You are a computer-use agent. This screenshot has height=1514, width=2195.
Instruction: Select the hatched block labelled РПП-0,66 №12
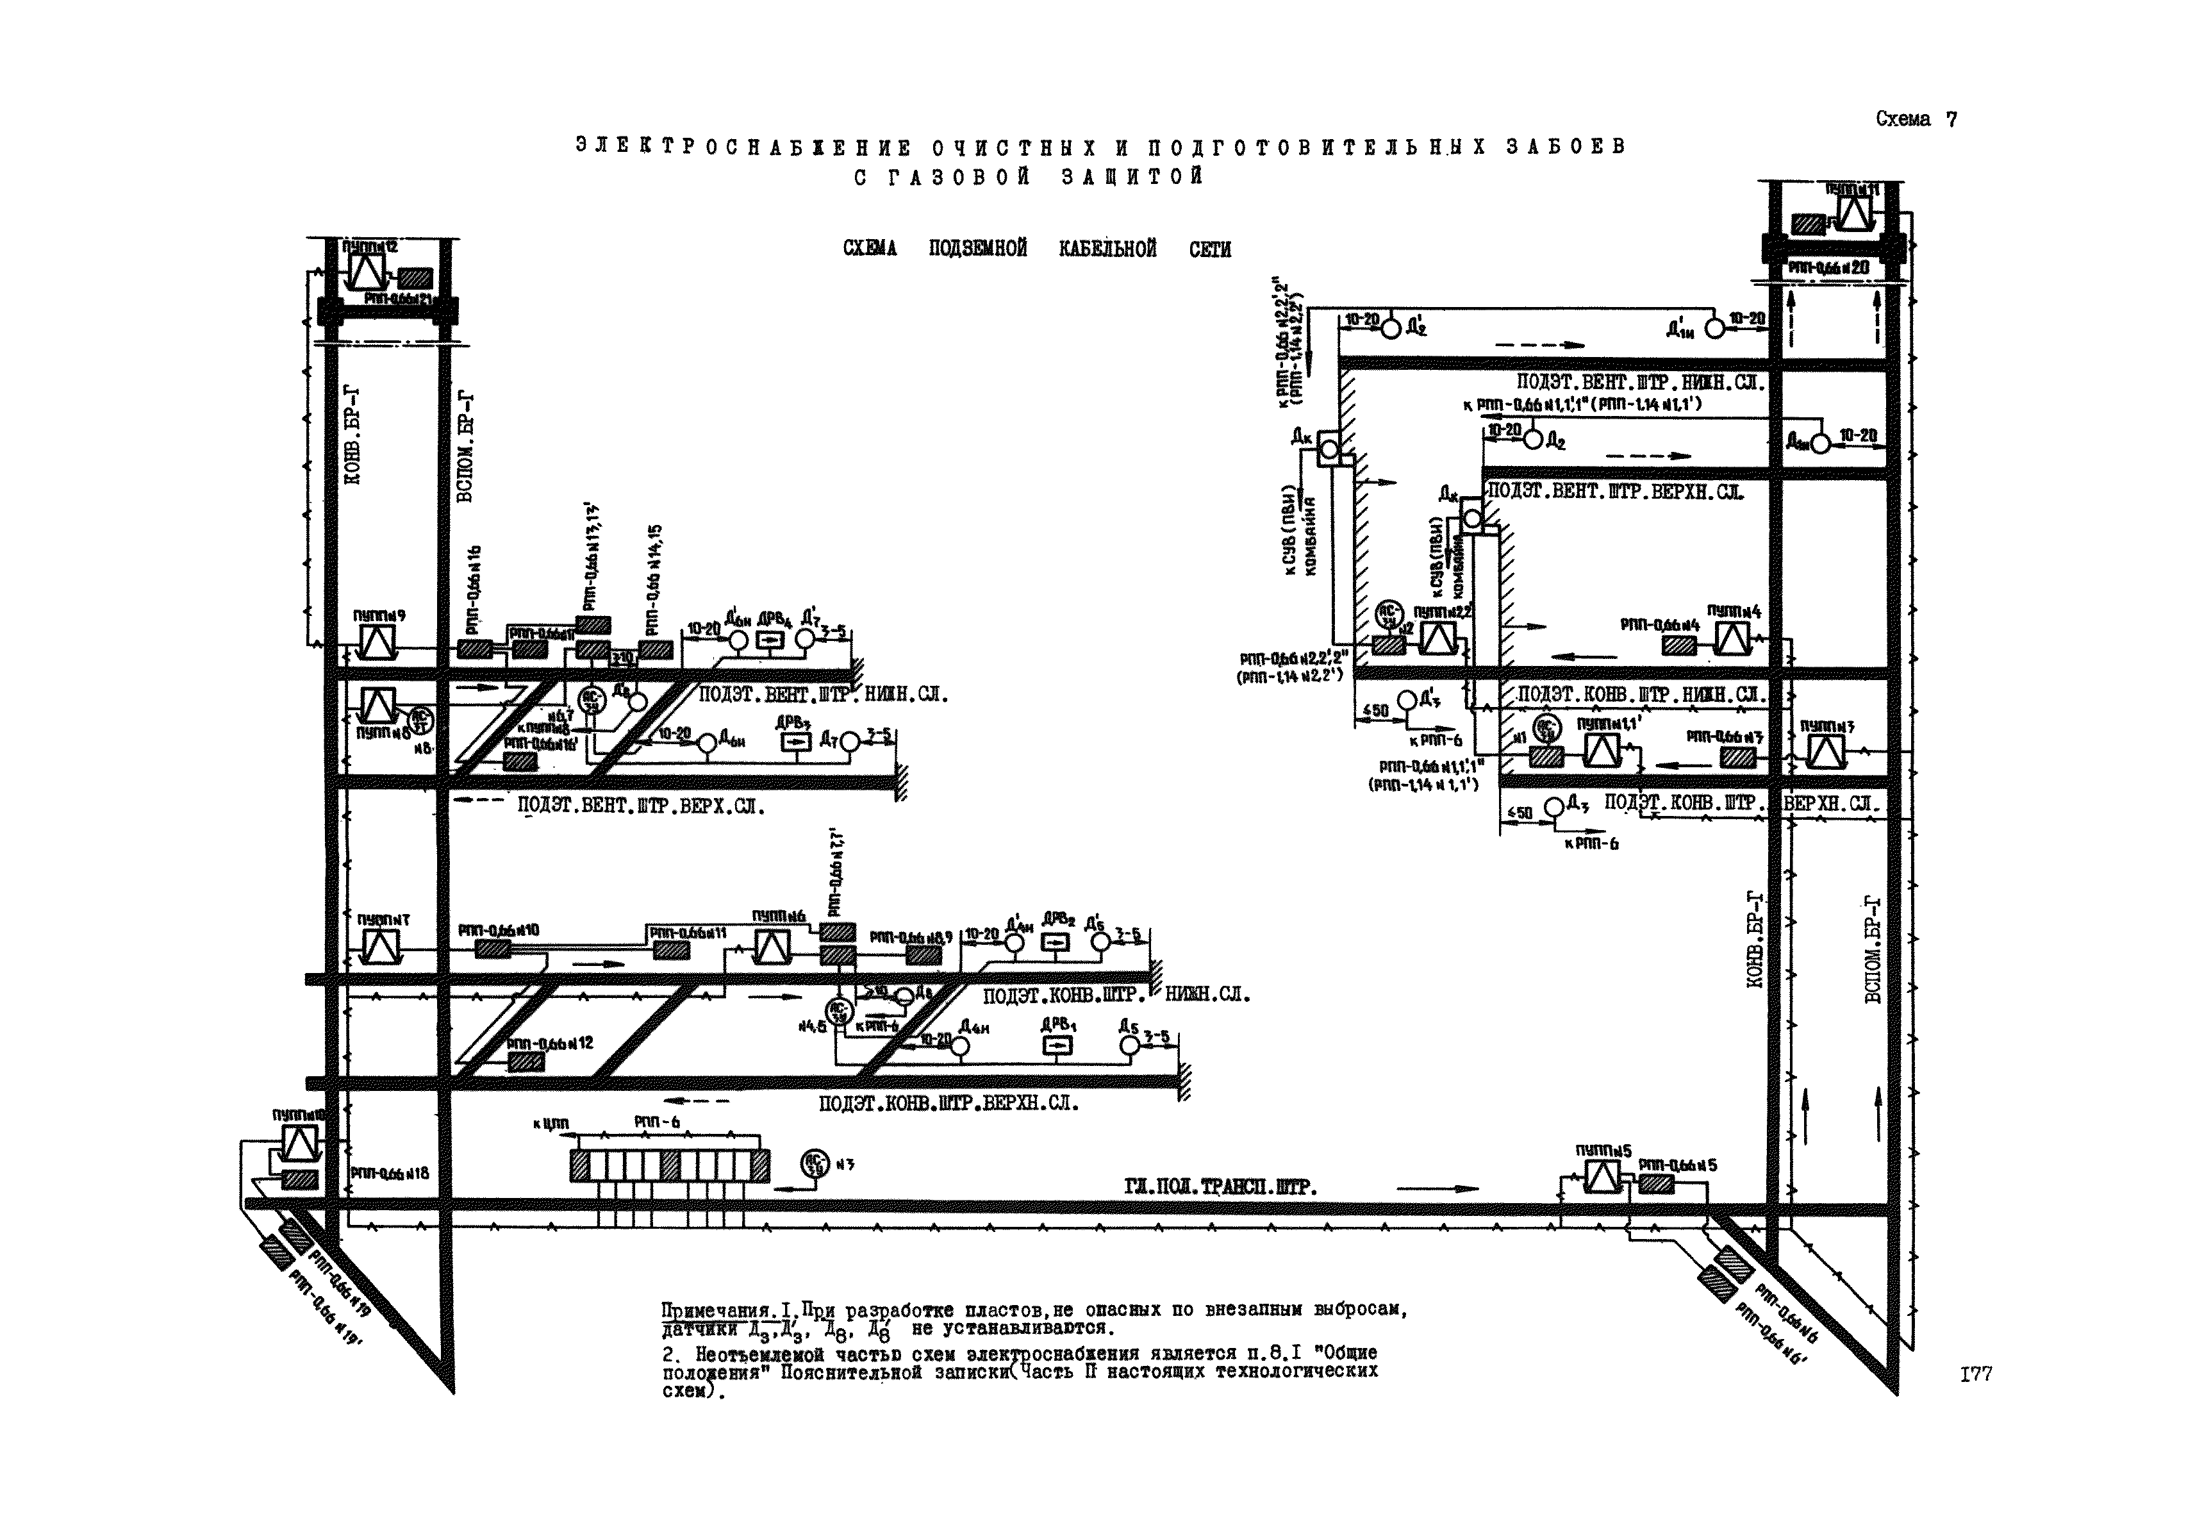coord(525,1063)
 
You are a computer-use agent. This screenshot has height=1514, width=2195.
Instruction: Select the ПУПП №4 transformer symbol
coord(1732,639)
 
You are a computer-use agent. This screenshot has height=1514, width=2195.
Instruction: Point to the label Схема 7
coord(1916,119)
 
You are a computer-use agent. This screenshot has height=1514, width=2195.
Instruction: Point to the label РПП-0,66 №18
coord(390,1174)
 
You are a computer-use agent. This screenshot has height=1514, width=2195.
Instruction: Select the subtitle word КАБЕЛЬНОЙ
coord(1107,249)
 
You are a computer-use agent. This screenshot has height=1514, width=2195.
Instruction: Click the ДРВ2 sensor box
coord(1056,943)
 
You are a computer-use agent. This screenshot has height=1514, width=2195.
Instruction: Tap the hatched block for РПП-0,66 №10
coord(492,949)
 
